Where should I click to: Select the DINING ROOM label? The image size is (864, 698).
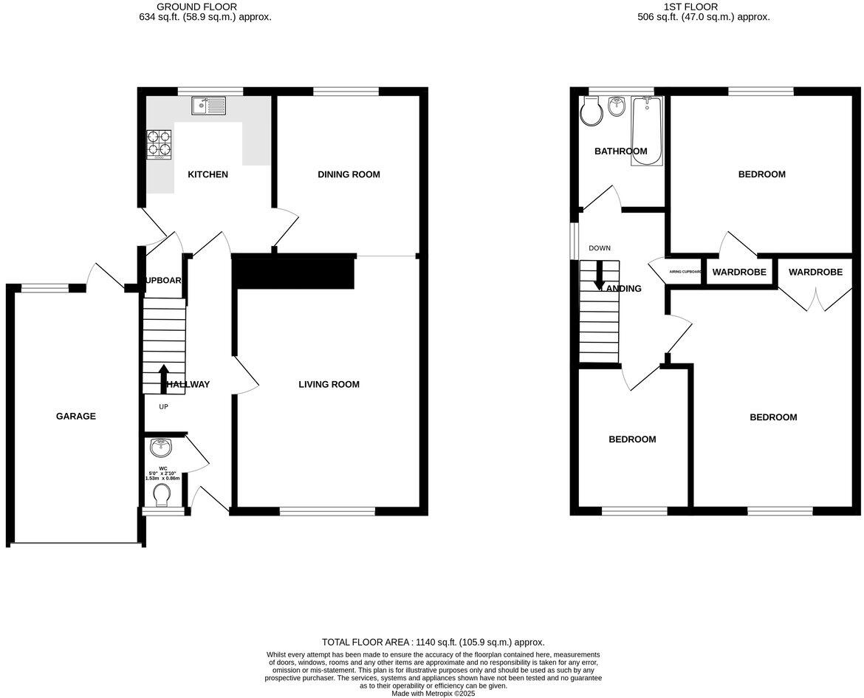pos(349,174)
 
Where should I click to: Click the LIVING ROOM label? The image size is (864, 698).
pos(329,384)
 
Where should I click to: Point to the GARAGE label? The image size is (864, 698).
pos(76,416)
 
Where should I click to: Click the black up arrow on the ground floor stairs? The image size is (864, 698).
pos(163,374)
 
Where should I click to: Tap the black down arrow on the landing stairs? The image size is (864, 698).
pos(600,275)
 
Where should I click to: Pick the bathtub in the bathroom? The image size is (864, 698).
pos(647,131)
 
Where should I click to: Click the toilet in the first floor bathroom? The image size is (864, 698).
pos(591,112)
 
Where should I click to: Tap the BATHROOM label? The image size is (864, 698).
pos(620,151)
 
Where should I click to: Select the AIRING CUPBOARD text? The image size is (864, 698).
pos(685,272)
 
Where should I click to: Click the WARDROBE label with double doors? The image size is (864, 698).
pos(815,272)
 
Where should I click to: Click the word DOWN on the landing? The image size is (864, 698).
pos(600,248)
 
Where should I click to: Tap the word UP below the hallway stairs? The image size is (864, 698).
pos(163,406)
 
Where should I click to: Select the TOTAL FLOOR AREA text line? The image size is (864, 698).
pos(433,642)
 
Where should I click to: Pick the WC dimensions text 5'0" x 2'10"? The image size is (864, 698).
pos(163,473)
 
